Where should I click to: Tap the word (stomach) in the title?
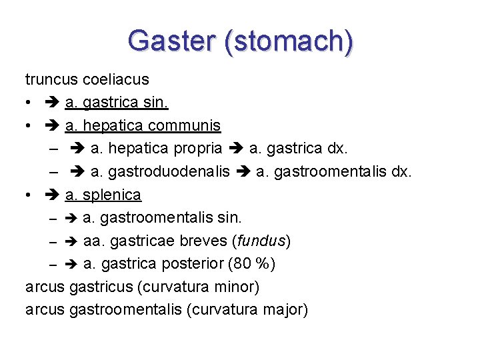coord(289,41)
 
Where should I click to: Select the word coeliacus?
coord(115,79)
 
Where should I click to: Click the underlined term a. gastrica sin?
coord(117,103)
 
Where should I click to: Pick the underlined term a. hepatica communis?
coord(143,125)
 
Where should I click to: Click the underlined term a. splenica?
coord(103,195)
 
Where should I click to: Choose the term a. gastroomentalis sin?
coord(162,217)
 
